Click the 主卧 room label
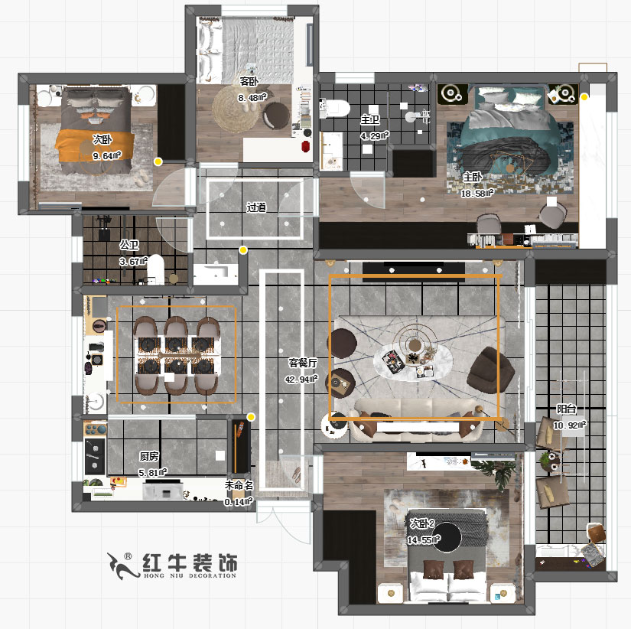tap(472, 176)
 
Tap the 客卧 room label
tap(248, 80)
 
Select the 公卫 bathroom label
tap(128, 245)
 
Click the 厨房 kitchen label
tap(149, 456)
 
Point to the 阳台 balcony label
tap(566, 409)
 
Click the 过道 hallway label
tap(256, 207)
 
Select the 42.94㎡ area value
tap(301, 379)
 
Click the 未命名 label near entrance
tap(239, 485)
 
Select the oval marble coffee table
tap(411, 360)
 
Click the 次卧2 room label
tap(421, 523)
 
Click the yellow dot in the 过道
tap(243, 250)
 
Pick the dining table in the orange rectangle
tap(176, 354)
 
